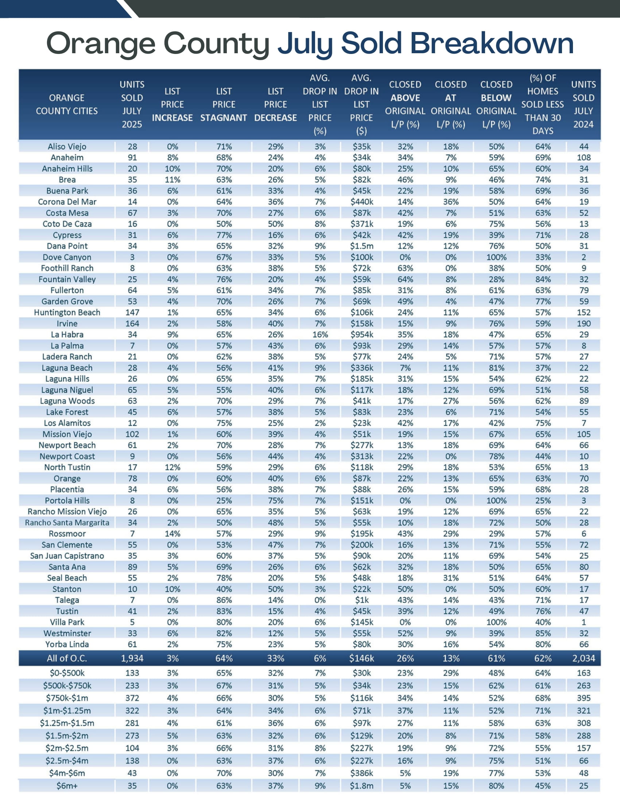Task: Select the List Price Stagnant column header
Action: pyautogui.click(x=224, y=104)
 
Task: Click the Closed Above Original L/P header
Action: pyautogui.click(x=405, y=104)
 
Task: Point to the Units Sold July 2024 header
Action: pyautogui.click(x=583, y=104)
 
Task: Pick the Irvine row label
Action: pyautogui.click(x=67, y=323)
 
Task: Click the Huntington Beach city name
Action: pyautogui.click(x=67, y=312)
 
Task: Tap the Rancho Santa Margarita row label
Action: pyautogui.click(x=67, y=522)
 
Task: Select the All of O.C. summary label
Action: pyautogui.click(x=67, y=658)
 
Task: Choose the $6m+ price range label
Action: pyautogui.click(x=67, y=786)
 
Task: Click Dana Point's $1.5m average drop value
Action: pyautogui.click(x=361, y=246)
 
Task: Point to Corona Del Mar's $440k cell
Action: pyautogui.click(x=361, y=202)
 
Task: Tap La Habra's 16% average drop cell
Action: pyautogui.click(x=320, y=335)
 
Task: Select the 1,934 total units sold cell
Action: pyautogui.click(x=132, y=658)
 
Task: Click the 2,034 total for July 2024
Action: pyautogui.click(x=583, y=658)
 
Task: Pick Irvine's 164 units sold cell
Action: pyautogui.click(x=132, y=323)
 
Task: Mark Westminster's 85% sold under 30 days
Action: pyautogui.click(x=543, y=633)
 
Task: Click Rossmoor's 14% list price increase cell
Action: pyautogui.click(x=172, y=534)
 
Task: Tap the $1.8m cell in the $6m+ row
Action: pyautogui.click(x=361, y=786)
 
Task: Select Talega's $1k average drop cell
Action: pyautogui.click(x=361, y=600)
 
